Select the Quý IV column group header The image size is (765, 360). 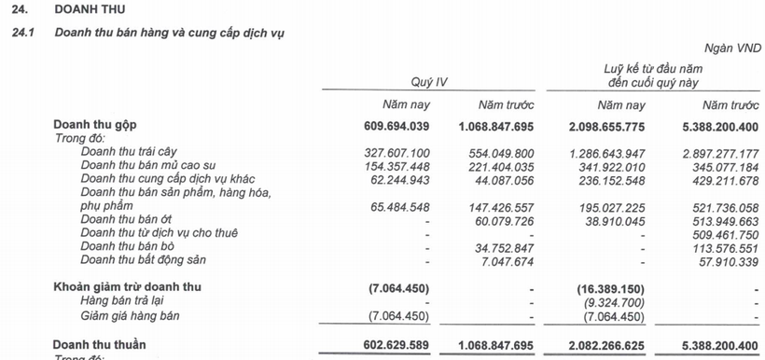pyautogui.click(x=430, y=81)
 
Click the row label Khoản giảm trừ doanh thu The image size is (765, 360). pyautogui.click(x=128, y=285)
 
